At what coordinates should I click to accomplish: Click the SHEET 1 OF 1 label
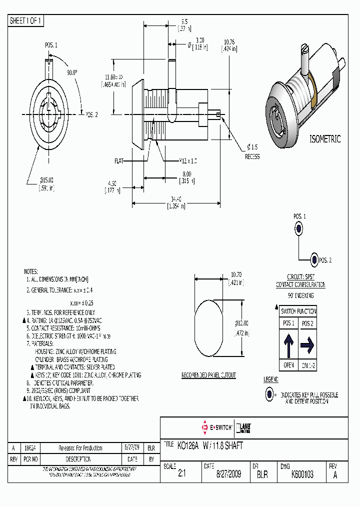pos(26,21)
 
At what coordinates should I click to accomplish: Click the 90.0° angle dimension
pos(72,72)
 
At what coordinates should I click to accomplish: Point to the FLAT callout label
pos(119,161)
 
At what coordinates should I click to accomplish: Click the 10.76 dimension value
pos(229,41)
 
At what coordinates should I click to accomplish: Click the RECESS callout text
pos(252,156)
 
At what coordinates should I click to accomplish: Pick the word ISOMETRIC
pos(325,139)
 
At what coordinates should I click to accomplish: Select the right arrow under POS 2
pos(307,344)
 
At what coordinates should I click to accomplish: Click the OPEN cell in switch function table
pos(289,365)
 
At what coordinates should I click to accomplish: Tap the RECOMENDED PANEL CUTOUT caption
pos(208,375)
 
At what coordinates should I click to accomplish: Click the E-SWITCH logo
pos(216,427)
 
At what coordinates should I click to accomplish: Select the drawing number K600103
pos(302,474)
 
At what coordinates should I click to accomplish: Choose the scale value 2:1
pos(181,474)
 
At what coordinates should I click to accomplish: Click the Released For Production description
pos(80,448)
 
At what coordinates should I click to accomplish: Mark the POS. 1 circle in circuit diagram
pos(298,229)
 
